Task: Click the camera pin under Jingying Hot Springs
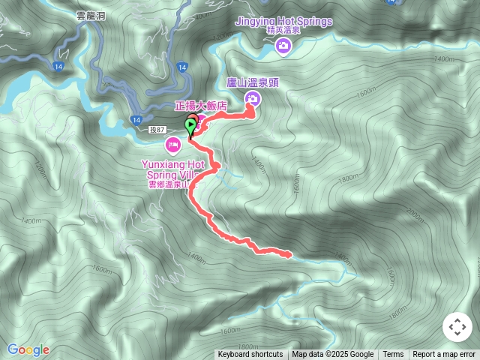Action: tap(283, 47)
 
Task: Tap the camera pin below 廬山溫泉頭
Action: tap(253, 99)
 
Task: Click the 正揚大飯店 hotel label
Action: tap(200, 107)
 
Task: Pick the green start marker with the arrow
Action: tap(190, 126)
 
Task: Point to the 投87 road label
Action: tap(157, 130)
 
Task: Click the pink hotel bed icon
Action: tap(172, 143)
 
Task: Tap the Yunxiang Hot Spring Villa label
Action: tap(172, 169)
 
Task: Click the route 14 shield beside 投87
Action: tap(136, 120)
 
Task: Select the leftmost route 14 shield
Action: tap(59, 67)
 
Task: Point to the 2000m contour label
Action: tap(415, 214)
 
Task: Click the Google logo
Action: tap(28, 349)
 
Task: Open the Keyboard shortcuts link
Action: tap(250, 355)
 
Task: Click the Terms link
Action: tap(393, 355)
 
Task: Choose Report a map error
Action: tap(444, 355)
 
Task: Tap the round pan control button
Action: tap(457, 327)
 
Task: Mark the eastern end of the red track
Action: tap(289, 255)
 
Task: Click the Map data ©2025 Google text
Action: tap(333, 355)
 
